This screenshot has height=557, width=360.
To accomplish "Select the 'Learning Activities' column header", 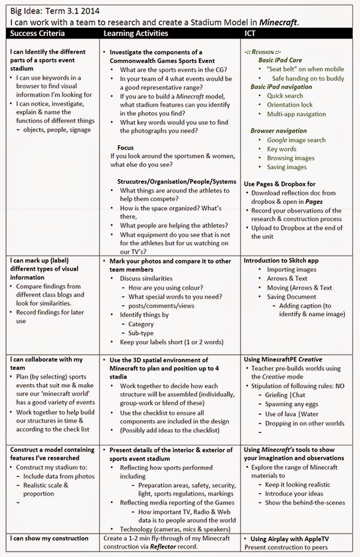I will pyautogui.click(x=136, y=34).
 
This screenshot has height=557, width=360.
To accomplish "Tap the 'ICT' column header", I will pyautogui.click(x=253, y=34).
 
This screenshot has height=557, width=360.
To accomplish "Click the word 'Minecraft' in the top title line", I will pyautogui.click(x=276, y=22).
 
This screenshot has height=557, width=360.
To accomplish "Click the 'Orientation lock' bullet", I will pyautogui.click(x=290, y=104).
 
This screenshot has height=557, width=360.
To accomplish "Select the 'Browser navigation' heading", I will pyautogui.click(x=278, y=131).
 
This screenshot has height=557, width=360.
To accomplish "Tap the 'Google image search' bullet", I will pyautogui.click(x=296, y=140).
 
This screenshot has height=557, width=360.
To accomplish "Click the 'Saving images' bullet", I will pyautogui.click(x=287, y=167).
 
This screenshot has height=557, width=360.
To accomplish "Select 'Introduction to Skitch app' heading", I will pyautogui.click(x=281, y=260).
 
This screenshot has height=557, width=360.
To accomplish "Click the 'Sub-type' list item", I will pyautogui.click(x=142, y=333).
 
